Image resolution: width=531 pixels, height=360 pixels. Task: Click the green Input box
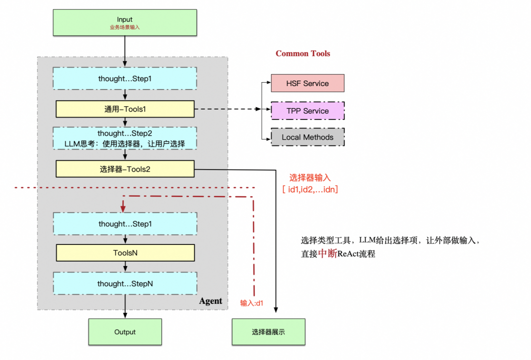[x=125, y=23]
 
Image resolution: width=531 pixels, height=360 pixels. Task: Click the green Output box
[x=125, y=332]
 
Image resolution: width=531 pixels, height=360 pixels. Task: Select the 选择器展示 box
[x=268, y=332]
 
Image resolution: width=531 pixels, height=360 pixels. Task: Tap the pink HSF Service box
[x=307, y=84]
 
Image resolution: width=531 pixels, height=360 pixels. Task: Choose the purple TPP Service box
[x=307, y=111]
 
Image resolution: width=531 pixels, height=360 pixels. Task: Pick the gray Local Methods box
[x=307, y=137]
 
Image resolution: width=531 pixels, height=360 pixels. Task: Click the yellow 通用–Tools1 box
[x=125, y=109]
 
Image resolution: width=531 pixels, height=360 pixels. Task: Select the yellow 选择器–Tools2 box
[x=125, y=169]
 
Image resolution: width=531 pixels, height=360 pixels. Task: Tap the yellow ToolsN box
[x=125, y=253]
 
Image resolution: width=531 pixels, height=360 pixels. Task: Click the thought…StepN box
[x=125, y=284]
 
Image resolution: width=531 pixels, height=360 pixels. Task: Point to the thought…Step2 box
[x=125, y=138]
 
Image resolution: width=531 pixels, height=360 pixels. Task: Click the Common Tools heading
[x=303, y=54]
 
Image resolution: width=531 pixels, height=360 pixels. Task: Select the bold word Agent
[x=210, y=301]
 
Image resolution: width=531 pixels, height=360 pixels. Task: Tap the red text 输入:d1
[x=252, y=303]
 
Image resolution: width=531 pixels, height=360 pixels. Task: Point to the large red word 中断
[x=327, y=254]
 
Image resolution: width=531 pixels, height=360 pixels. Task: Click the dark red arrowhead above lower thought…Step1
[x=122, y=209]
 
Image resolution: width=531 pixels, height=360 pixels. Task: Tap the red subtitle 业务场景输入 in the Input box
[x=125, y=28]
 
